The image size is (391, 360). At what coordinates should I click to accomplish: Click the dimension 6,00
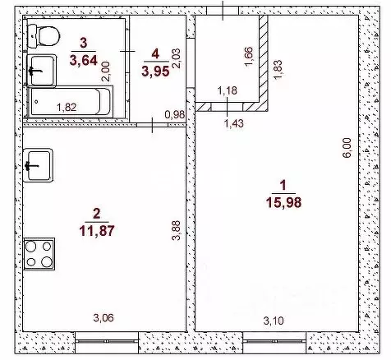347,147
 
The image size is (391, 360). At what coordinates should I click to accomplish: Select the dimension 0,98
173,113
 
